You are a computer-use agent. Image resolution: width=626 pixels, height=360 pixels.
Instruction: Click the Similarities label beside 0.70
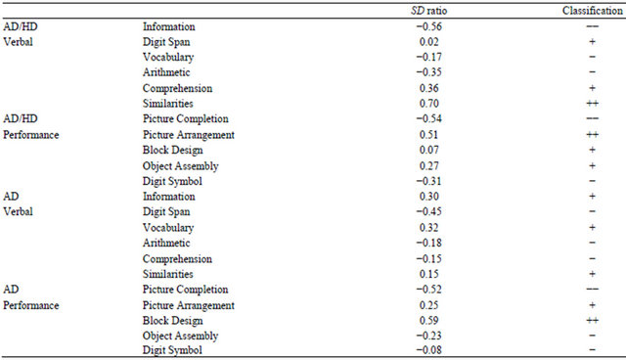coord(168,103)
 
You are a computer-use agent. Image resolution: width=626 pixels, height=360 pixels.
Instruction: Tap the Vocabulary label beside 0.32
coord(169,227)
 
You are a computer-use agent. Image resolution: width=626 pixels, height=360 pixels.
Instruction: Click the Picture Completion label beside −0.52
coord(186,290)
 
